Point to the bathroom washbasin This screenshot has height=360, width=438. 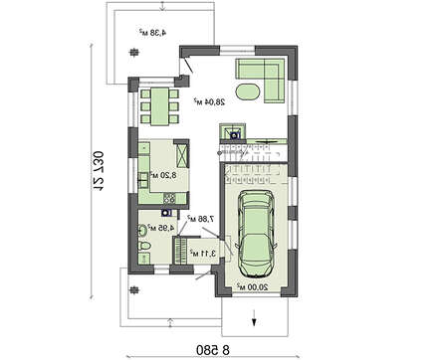pos(141,231)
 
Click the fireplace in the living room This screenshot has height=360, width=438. pos(235,129)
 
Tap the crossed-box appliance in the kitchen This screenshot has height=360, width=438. pos(184,155)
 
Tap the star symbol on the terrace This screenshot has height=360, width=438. pos(133,53)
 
